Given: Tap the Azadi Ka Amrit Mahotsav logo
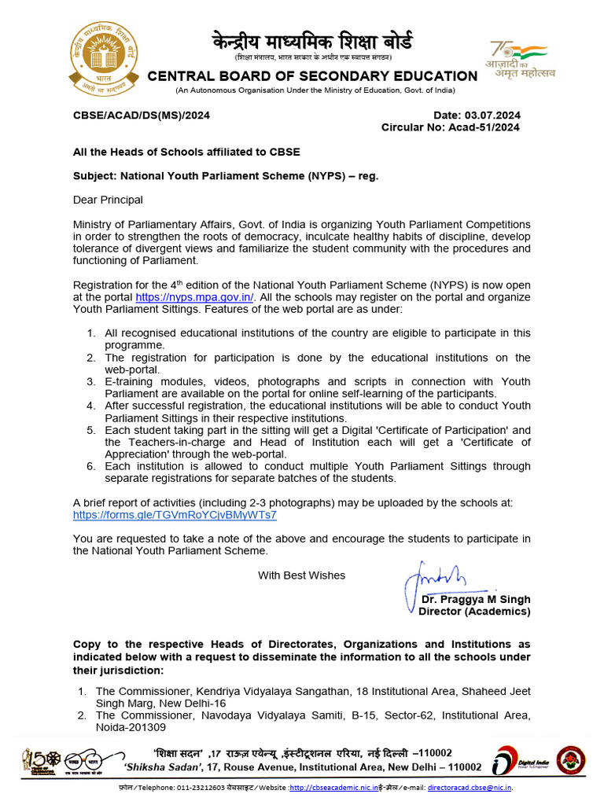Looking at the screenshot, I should click(x=523, y=59).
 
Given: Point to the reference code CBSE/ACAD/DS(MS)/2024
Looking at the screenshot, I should click(x=142, y=115).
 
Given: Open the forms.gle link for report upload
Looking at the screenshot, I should click(x=175, y=515).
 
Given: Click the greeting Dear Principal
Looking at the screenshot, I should click(x=108, y=200).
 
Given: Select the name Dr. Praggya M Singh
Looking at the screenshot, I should click(x=475, y=600).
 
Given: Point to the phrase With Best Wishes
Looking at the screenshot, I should click(x=301, y=575).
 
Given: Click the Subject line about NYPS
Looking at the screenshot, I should click(x=226, y=175).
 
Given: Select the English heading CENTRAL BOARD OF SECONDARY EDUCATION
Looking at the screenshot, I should click(x=312, y=76).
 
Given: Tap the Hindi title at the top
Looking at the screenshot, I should click(x=311, y=41).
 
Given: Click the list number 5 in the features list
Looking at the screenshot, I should click(x=91, y=431).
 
